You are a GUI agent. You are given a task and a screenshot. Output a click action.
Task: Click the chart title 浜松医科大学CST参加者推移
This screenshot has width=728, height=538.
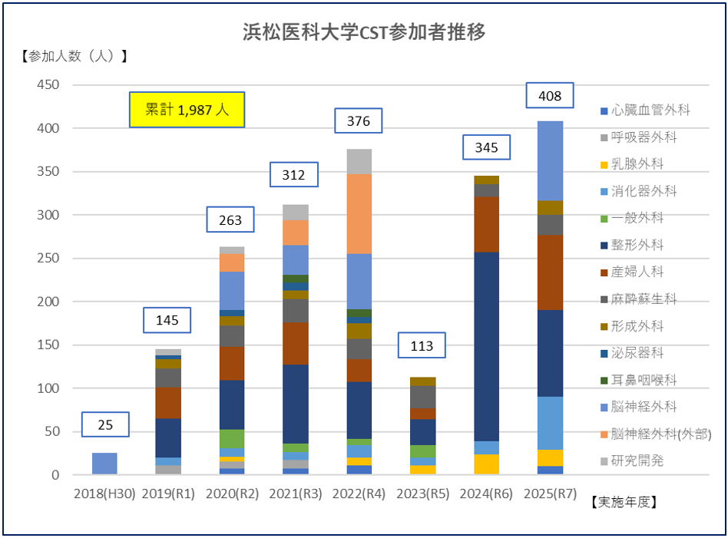tap(364, 32)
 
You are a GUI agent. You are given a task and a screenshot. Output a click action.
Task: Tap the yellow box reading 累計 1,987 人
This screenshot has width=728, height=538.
tap(187, 110)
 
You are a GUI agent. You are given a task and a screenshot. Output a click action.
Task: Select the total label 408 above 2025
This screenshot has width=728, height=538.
tap(550, 96)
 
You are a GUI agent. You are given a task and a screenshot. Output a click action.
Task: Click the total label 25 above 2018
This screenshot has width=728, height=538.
tap(105, 425)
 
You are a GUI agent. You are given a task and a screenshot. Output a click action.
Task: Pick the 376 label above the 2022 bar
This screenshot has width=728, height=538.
tap(358, 121)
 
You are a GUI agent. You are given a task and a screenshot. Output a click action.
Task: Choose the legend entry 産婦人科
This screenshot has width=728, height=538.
tap(637, 272)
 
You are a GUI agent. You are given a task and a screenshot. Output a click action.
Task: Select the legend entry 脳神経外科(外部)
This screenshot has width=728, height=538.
tap(655, 434)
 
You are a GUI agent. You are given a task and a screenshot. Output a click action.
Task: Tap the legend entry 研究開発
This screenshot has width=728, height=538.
tap(637, 460)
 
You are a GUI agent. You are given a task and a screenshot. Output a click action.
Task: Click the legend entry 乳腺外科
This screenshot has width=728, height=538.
tap(637, 164)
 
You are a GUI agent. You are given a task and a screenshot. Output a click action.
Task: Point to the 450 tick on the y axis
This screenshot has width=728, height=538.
tap(48, 85)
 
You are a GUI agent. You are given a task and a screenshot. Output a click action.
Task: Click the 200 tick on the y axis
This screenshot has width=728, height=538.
tap(48, 302)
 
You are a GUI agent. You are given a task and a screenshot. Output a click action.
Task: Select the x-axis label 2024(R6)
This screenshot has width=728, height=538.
tap(486, 495)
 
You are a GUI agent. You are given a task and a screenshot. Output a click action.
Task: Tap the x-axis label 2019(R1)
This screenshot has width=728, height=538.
tap(168, 495)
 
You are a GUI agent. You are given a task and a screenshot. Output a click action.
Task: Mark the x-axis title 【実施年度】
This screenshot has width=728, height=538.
tap(624, 503)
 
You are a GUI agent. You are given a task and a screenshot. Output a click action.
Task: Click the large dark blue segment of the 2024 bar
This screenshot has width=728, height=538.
tap(486, 345)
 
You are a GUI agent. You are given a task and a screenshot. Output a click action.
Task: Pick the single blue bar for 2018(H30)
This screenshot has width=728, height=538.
tap(104, 464)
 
